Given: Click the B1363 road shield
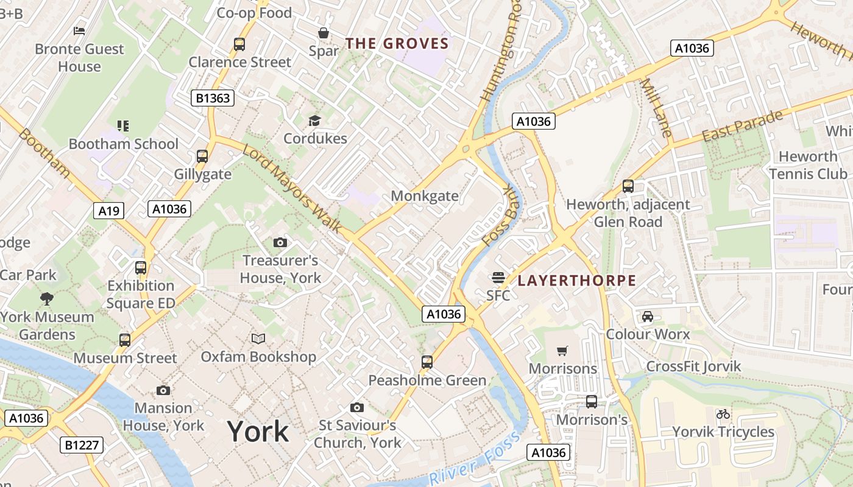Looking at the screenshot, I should pyautogui.click(x=213, y=98).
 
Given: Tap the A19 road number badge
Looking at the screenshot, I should pyautogui.click(x=109, y=211).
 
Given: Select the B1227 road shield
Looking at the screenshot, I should pyautogui.click(x=82, y=445).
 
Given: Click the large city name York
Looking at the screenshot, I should pyautogui.click(x=258, y=432).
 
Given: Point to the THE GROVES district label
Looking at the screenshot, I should pyautogui.click(x=397, y=44).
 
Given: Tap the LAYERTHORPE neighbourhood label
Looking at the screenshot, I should pyautogui.click(x=576, y=281).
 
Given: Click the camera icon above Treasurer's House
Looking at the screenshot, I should pyautogui.click(x=280, y=243).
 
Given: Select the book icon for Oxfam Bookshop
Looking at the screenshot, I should pyautogui.click(x=258, y=338).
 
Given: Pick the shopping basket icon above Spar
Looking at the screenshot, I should pyautogui.click(x=324, y=33).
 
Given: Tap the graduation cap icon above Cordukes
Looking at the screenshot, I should pyautogui.click(x=314, y=121).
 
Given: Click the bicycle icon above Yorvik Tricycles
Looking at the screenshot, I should pyautogui.click(x=723, y=415).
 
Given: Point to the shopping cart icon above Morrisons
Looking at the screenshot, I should pyautogui.click(x=562, y=351).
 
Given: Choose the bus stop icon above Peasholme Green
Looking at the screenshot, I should pyautogui.click(x=427, y=362).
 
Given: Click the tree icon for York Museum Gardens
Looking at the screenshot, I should pyautogui.click(x=46, y=299).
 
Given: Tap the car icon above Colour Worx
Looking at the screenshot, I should pyautogui.click(x=647, y=317).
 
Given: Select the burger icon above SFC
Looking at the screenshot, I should pyautogui.click(x=498, y=278).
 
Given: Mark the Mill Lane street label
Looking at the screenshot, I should pyautogui.click(x=657, y=107).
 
